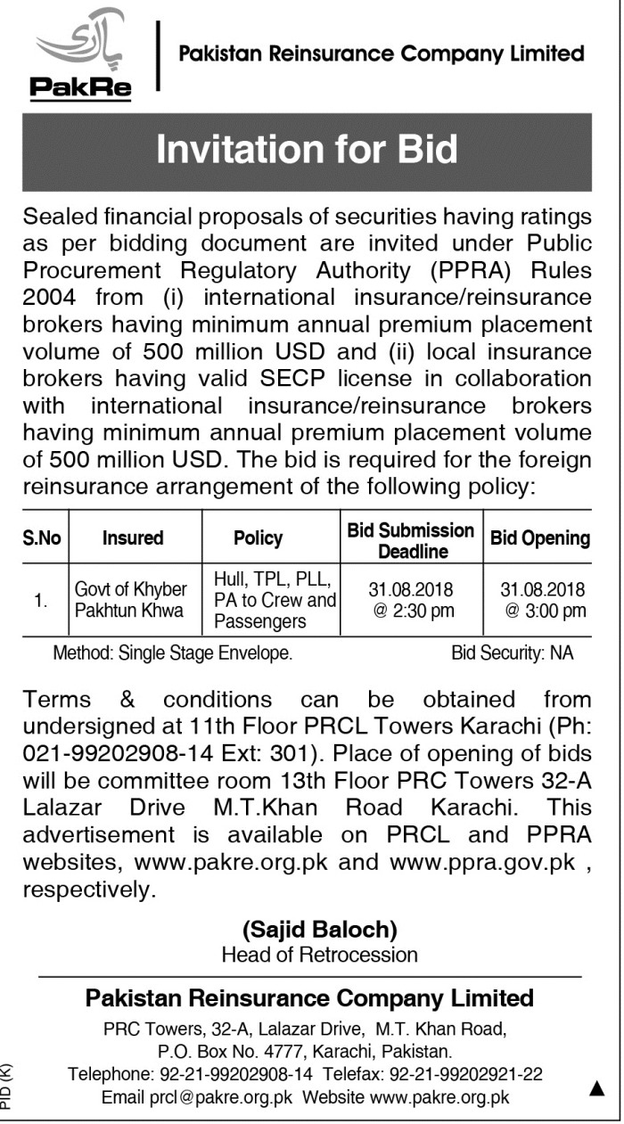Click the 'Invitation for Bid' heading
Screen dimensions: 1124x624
click(307, 150)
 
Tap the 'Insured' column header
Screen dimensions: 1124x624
click(133, 538)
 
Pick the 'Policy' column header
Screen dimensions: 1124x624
click(258, 538)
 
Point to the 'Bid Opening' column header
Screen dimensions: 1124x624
click(540, 538)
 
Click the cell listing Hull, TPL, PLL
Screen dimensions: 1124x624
click(273, 600)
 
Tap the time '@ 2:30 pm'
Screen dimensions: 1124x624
click(411, 611)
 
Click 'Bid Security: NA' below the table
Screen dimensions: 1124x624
click(512, 653)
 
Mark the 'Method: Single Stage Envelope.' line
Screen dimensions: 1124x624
click(173, 653)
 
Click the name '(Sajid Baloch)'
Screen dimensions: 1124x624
click(319, 930)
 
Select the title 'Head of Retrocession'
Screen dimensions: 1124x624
click(319, 955)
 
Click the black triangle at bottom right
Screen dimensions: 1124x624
click(597, 1087)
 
